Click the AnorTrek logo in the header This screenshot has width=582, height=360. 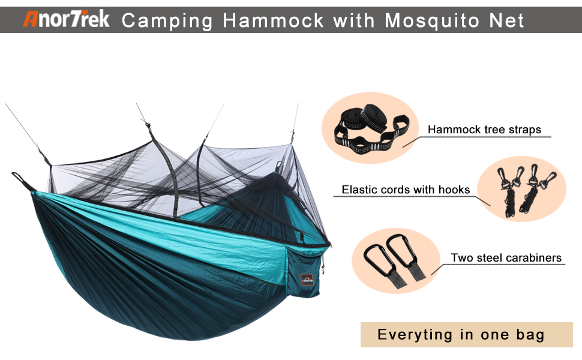point(66,19)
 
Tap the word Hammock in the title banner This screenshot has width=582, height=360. point(273,20)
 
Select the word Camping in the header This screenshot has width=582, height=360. point(167,21)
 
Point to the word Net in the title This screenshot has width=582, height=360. point(506,20)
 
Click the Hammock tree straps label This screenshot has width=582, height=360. point(484,130)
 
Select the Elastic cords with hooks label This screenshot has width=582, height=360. point(406,190)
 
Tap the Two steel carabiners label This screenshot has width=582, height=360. point(506,257)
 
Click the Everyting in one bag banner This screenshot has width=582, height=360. point(467,335)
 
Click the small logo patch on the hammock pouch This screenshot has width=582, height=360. point(307,280)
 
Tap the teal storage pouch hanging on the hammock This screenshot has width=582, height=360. point(303,273)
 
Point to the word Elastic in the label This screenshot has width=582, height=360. point(359,190)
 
